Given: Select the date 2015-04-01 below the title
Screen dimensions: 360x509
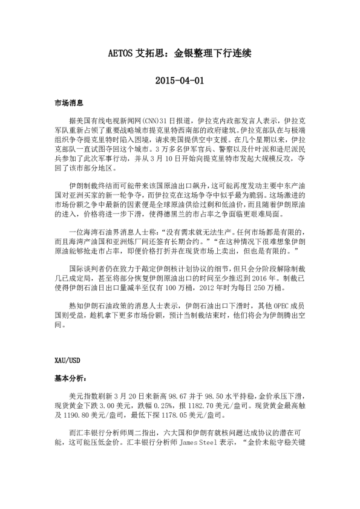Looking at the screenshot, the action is pyautogui.click(x=179, y=80).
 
